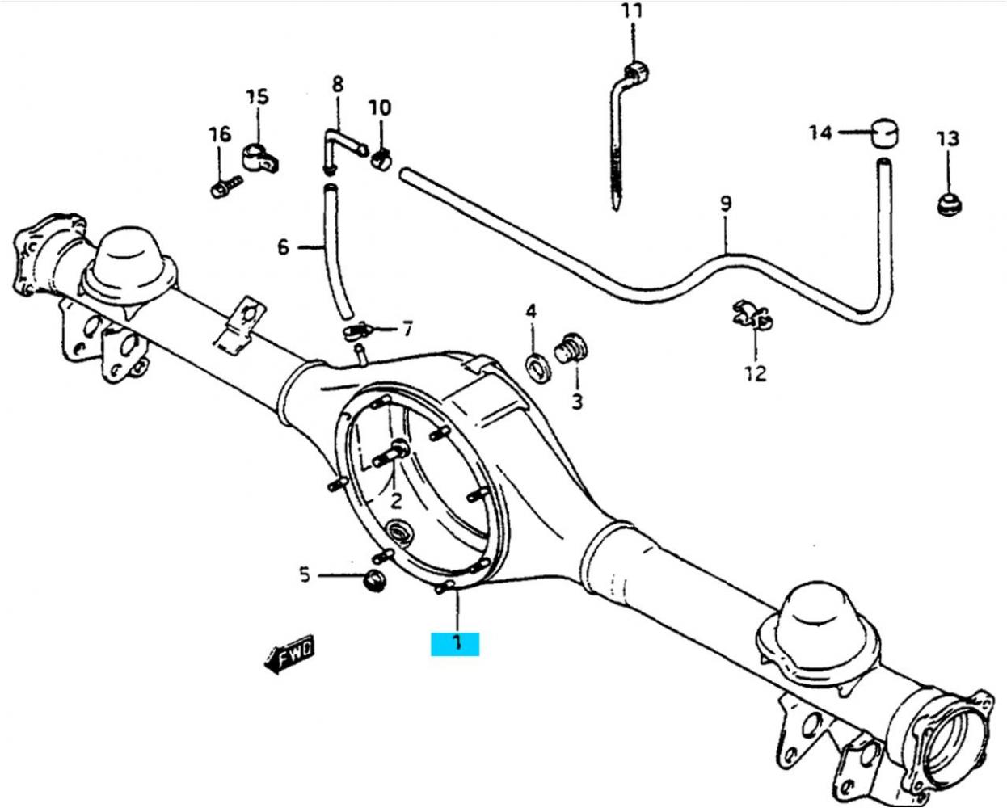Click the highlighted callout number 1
456,643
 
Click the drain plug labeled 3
571,352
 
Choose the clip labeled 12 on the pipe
751,316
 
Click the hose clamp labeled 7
356,330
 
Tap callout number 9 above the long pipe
725,203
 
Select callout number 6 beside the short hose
283,246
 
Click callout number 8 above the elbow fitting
337,83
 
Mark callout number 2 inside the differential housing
396,501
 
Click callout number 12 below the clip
756,373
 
